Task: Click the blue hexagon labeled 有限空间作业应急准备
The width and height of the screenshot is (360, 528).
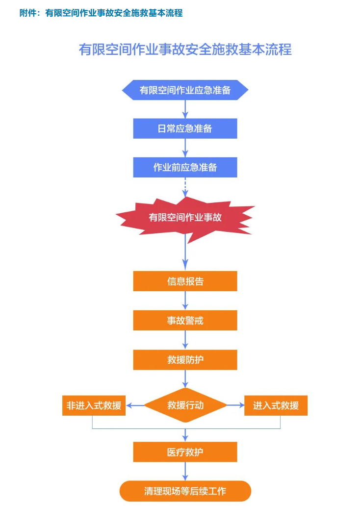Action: pos(185,90)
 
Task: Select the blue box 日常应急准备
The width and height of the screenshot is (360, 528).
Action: pos(185,128)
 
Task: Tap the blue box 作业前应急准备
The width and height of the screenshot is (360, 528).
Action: pos(185,167)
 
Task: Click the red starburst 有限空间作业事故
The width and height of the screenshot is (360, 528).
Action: pos(185,217)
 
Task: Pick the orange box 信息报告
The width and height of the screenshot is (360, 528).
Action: pos(185,281)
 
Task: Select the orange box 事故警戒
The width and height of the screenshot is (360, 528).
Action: pos(185,321)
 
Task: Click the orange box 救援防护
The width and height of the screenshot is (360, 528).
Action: pos(185,360)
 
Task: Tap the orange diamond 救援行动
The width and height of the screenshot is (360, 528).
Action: pos(185,405)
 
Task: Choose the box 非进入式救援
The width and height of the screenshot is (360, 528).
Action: pos(94,405)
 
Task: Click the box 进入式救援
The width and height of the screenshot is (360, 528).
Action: pos(276,405)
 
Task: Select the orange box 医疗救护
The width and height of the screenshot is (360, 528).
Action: pos(185,452)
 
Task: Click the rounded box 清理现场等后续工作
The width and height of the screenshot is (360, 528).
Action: pos(185,491)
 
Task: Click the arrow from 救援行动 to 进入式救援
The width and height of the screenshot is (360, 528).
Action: pos(235,405)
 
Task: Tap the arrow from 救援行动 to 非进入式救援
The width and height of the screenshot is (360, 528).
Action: pos(135,405)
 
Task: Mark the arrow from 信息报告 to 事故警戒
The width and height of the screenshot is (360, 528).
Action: pos(185,301)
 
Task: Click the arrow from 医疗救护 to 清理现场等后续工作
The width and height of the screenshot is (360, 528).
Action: pos(185,471)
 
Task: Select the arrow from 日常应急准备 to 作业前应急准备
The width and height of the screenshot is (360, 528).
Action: pos(185,148)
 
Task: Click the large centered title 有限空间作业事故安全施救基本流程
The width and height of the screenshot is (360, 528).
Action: pos(185,50)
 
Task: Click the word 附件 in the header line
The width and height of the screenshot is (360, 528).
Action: pos(27,13)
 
